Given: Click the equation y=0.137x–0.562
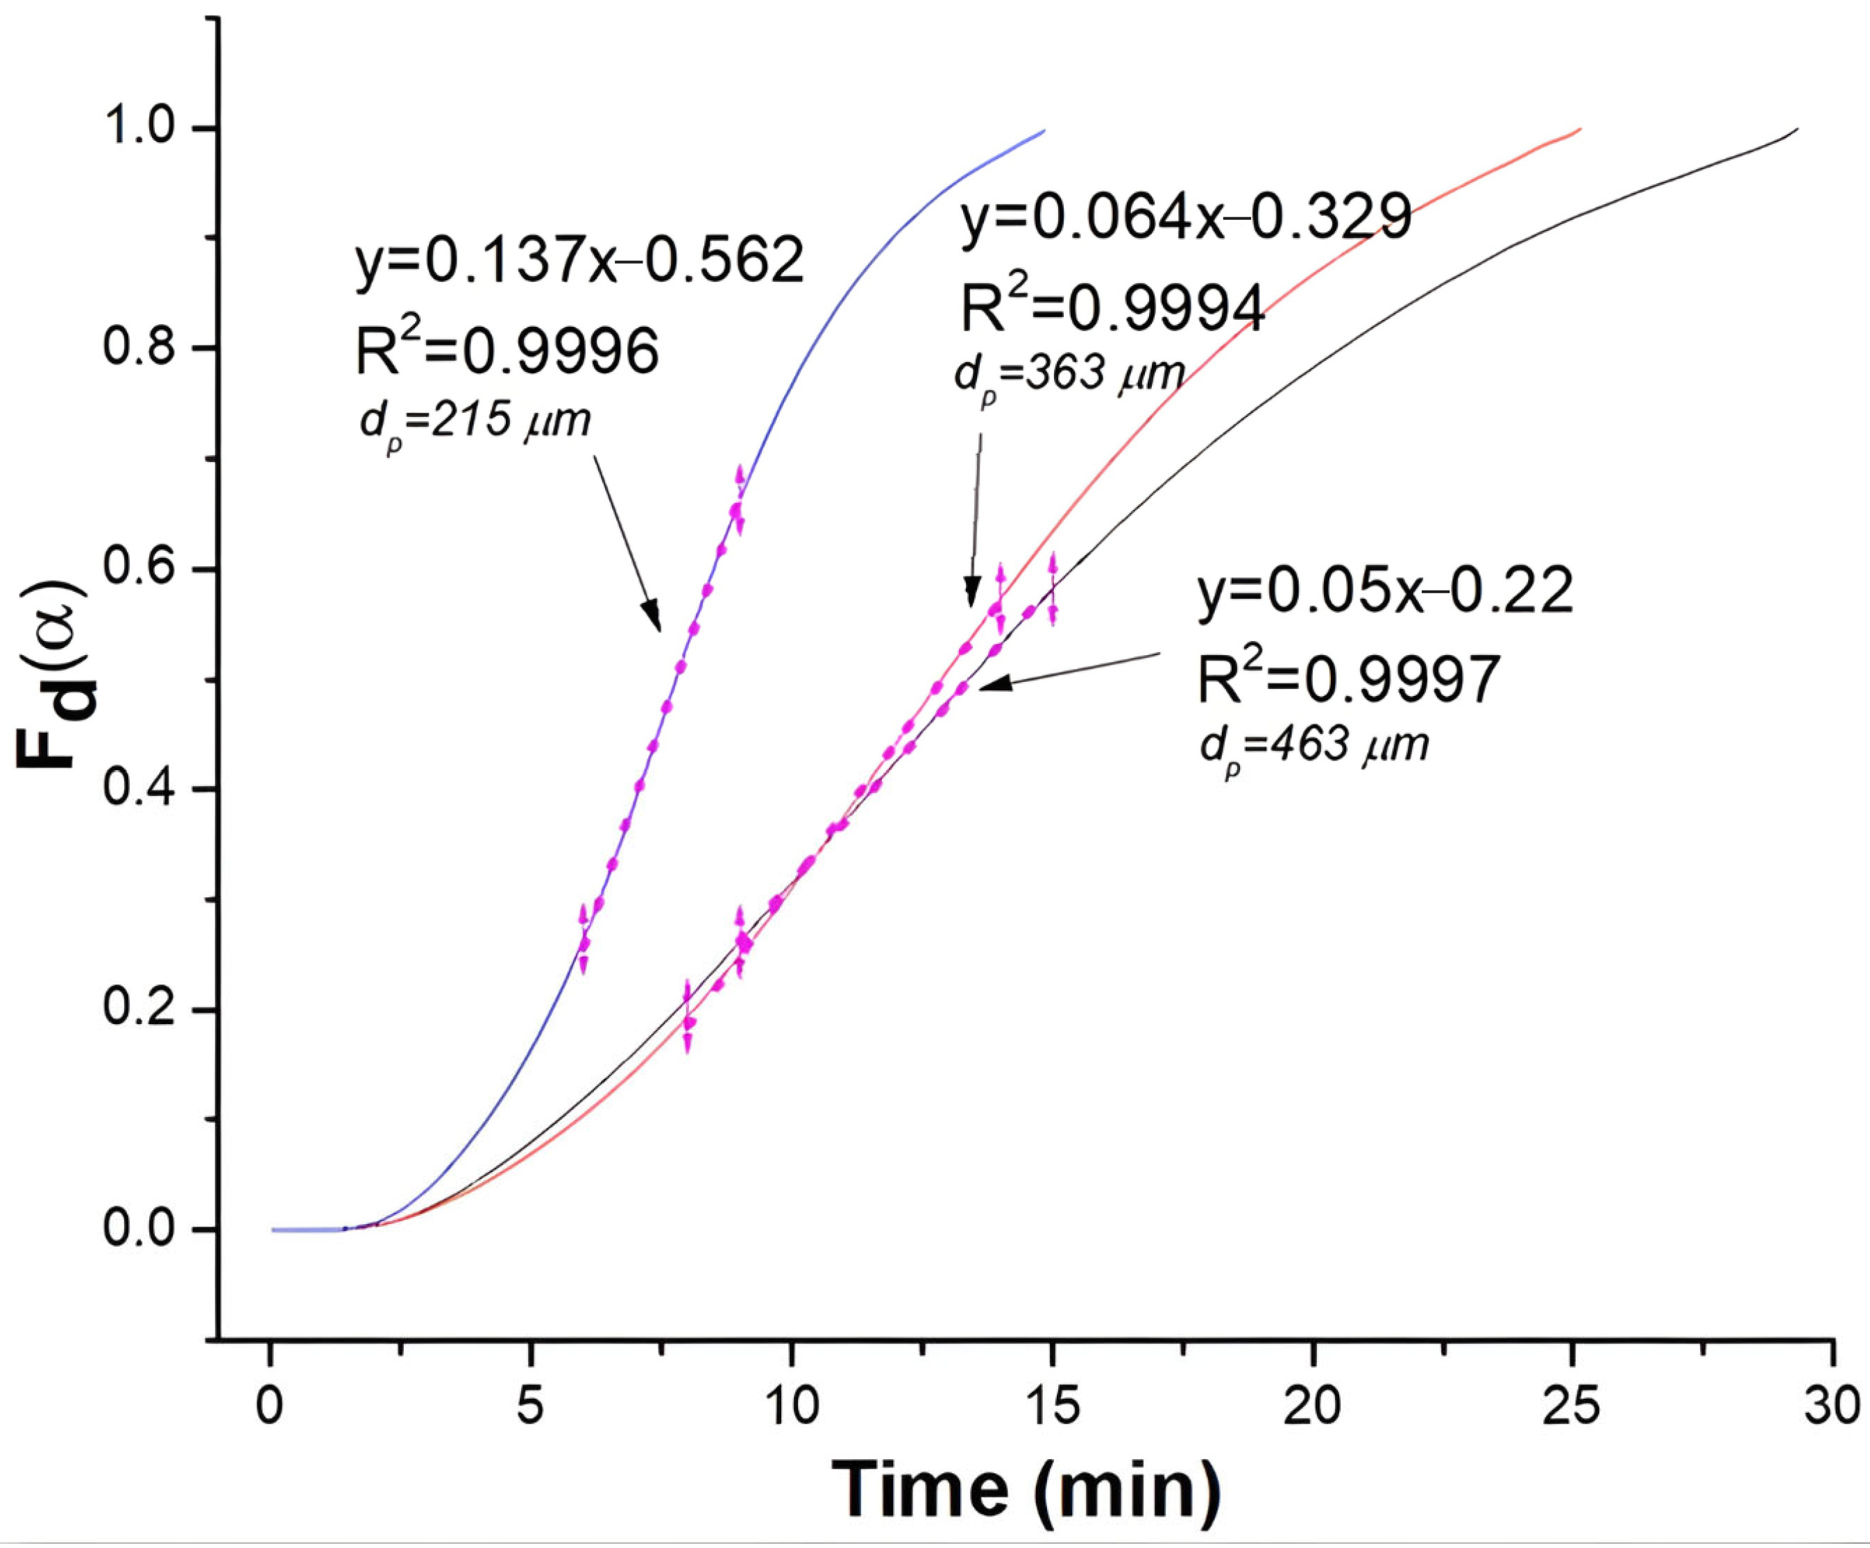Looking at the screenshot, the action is (579, 262).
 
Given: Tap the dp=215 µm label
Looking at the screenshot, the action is (475, 423).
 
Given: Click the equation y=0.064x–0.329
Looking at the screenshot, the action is (1186, 217).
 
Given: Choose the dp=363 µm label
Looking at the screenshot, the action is (1069, 376).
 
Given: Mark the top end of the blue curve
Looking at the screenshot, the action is (1044, 130).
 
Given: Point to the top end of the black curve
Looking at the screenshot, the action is (1798, 129).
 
